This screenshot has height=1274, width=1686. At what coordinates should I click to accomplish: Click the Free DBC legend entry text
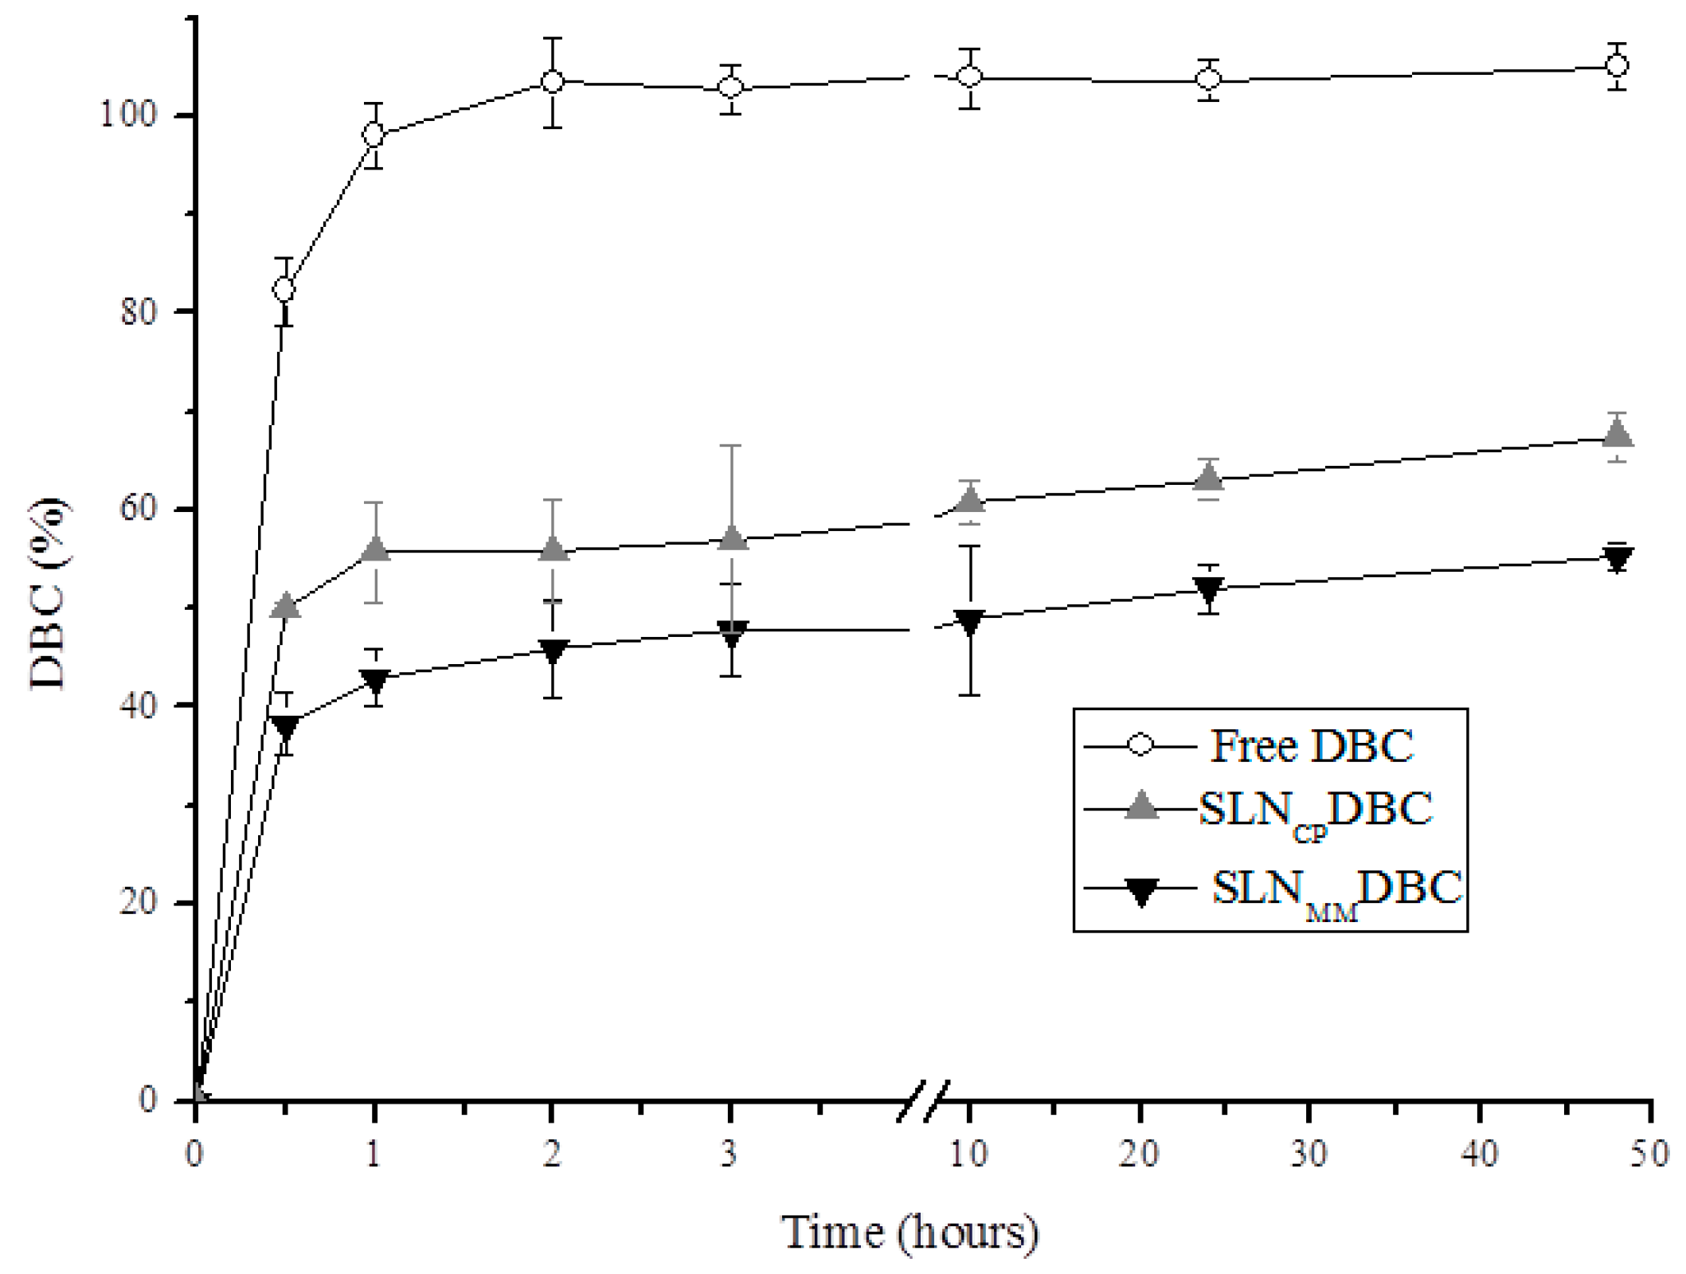(1311, 746)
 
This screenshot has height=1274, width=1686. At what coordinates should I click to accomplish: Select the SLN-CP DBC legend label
(1315, 811)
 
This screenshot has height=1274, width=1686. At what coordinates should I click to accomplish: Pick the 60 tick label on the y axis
(135, 508)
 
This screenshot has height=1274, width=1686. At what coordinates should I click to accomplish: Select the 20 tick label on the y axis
(135, 902)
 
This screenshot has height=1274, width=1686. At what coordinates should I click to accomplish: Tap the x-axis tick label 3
(729, 1153)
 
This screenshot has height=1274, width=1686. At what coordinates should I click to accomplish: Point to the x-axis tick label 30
(1309, 1153)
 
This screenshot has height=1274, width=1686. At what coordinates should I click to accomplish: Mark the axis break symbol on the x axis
(924, 1101)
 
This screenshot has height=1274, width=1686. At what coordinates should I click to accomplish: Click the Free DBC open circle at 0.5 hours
(284, 290)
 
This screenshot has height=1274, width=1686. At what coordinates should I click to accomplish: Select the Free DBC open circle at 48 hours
(1617, 65)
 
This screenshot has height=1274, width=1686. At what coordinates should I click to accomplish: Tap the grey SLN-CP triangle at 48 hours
(1617, 435)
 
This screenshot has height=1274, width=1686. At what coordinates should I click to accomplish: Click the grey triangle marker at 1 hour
(375, 549)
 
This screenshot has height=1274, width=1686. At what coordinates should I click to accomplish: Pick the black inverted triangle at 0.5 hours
(285, 727)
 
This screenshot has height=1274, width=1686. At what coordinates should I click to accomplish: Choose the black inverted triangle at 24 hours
(1209, 589)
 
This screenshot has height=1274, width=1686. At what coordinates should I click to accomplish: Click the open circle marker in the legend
(1140, 746)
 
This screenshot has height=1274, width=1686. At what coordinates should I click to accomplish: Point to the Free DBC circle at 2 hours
(552, 81)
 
